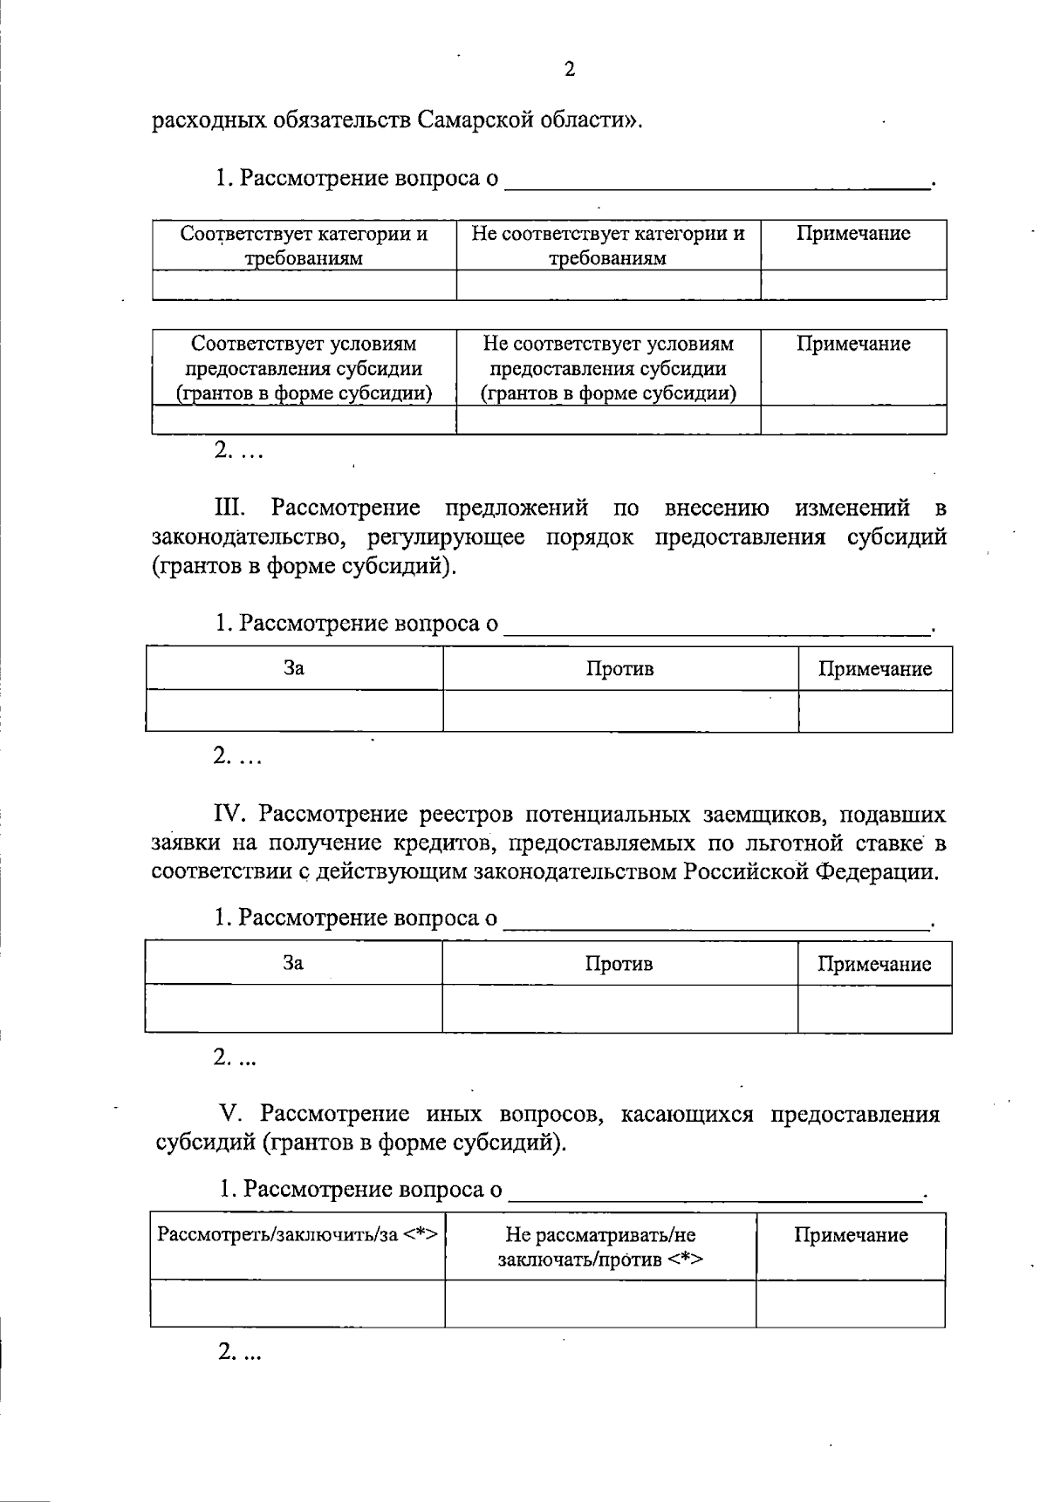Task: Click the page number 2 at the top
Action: tap(570, 70)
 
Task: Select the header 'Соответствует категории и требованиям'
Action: tap(304, 245)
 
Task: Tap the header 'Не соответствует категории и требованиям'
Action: tap(607, 245)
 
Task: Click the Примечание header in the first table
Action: tap(852, 234)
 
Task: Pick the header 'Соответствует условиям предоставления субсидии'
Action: tap(304, 368)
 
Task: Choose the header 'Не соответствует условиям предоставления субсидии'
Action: tap(607, 368)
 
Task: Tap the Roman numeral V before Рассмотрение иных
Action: tap(230, 1114)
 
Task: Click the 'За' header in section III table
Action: tap(294, 668)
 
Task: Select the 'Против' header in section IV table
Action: tap(619, 964)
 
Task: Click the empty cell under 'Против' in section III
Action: tap(619, 711)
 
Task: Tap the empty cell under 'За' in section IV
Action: tap(294, 1009)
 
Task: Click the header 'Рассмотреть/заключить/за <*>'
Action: tap(297, 1234)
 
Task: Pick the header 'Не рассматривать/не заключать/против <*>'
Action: tap(600, 1247)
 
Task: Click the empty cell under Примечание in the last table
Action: tap(850, 1304)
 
